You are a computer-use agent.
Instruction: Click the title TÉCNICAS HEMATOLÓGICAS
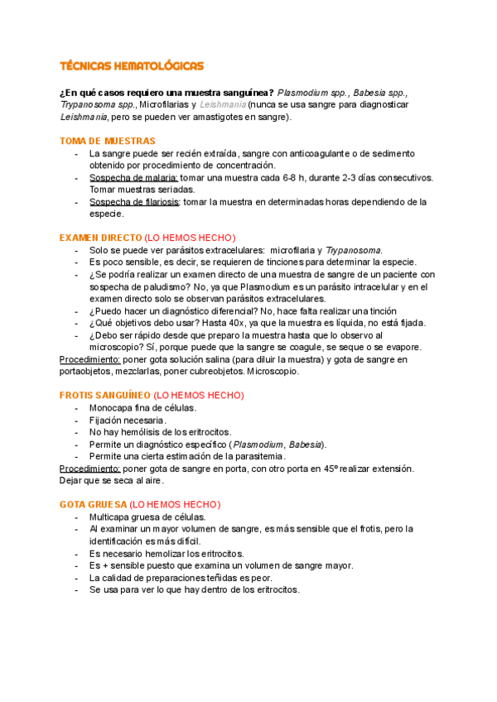pyautogui.click(x=132, y=65)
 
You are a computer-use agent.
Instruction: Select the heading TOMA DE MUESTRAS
pyautogui.click(x=108, y=142)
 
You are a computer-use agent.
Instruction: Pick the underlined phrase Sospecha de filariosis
pyautogui.click(x=135, y=202)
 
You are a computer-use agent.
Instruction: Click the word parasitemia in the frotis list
pyautogui.click(x=257, y=456)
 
